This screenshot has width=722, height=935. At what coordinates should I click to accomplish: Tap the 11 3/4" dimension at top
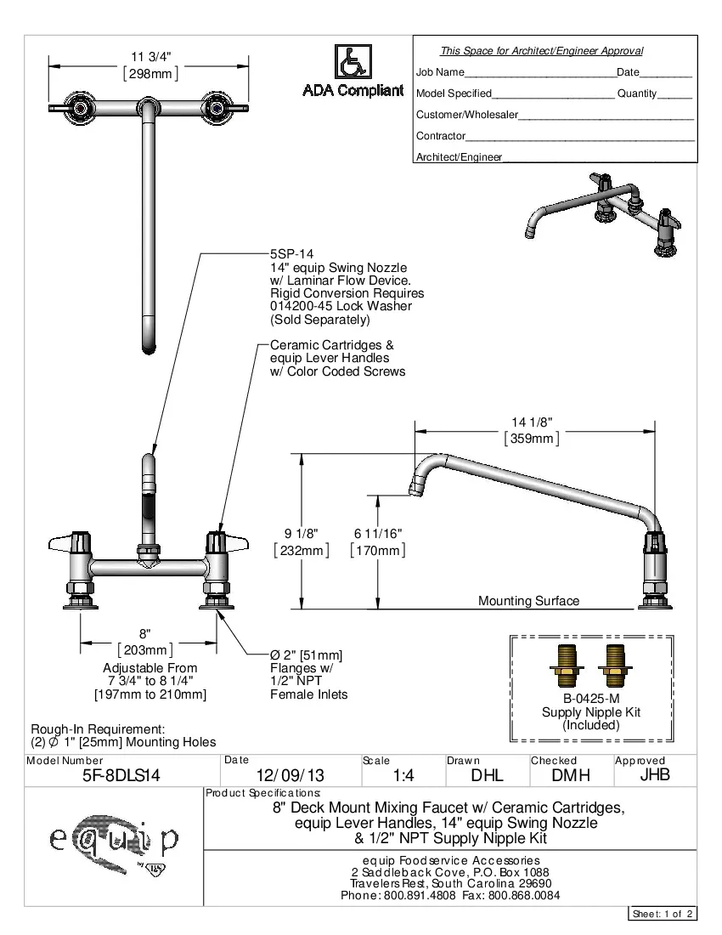click(x=150, y=56)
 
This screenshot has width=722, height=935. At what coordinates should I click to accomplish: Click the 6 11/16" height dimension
click(x=378, y=533)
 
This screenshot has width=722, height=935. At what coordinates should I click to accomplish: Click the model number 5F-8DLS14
click(x=121, y=775)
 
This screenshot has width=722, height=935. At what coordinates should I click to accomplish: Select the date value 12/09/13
click(x=290, y=776)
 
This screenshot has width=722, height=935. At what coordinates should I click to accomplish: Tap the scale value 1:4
click(x=403, y=776)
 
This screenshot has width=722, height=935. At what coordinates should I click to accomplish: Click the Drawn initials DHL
click(x=488, y=775)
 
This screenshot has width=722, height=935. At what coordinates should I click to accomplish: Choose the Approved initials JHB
click(x=655, y=774)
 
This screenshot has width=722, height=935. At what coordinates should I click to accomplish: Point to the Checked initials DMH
click(x=571, y=775)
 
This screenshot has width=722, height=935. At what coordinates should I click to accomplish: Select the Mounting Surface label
click(x=528, y=601)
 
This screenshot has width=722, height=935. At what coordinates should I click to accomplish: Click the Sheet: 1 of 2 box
click(x=663, y=914)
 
